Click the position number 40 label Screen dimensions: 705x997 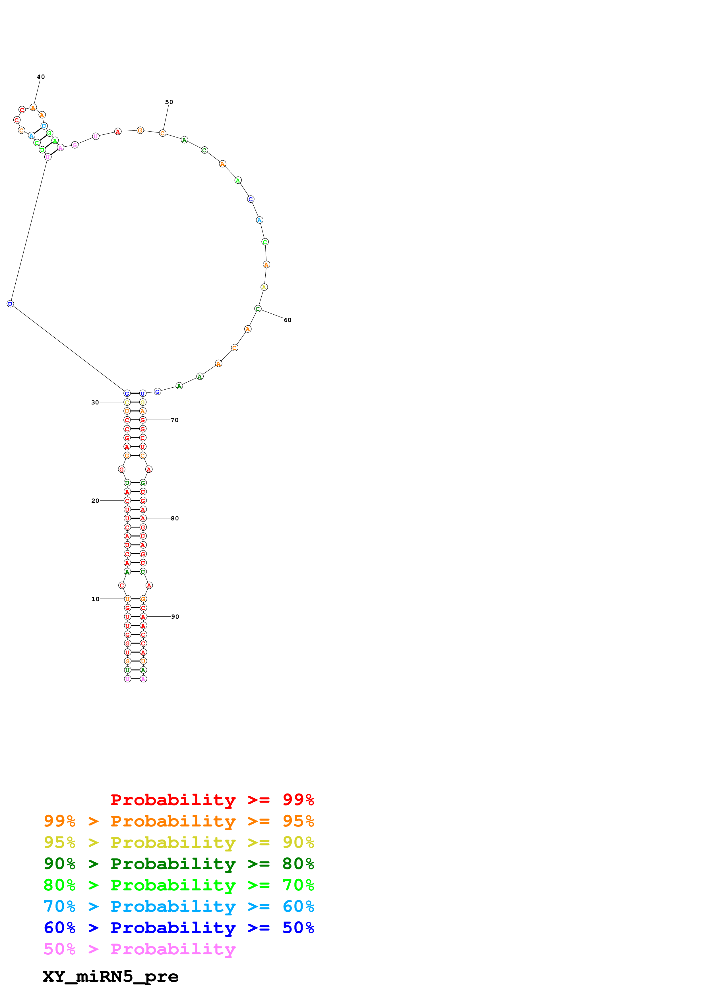tap(41, 77)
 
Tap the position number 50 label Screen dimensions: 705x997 tap(169, 102)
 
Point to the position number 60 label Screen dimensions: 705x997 tap(288, 320)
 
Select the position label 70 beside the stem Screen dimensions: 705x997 tap(174, 420)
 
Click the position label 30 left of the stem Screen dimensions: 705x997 tap(95, 402)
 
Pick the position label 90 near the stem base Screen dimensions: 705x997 tap(175, 617)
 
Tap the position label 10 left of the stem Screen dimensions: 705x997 tap(95, 599)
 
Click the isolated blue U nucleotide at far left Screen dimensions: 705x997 tap(10, 304)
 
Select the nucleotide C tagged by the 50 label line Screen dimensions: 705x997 tap(162, 133)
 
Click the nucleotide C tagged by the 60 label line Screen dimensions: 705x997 tap(258, 309)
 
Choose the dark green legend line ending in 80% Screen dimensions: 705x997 tap(179, 864)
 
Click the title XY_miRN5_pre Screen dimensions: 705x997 tap(111, 977)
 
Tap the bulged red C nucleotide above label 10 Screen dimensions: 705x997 tap(122, 585)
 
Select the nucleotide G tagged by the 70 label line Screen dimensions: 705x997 tap(142, 420)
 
